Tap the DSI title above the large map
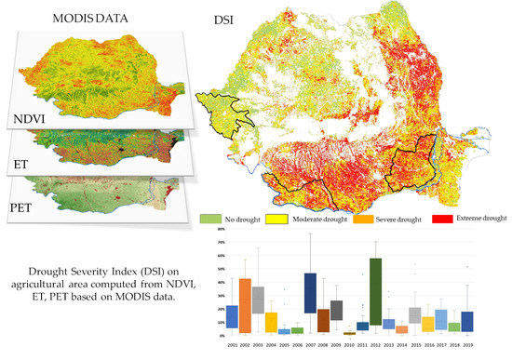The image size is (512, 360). [220, 17]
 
